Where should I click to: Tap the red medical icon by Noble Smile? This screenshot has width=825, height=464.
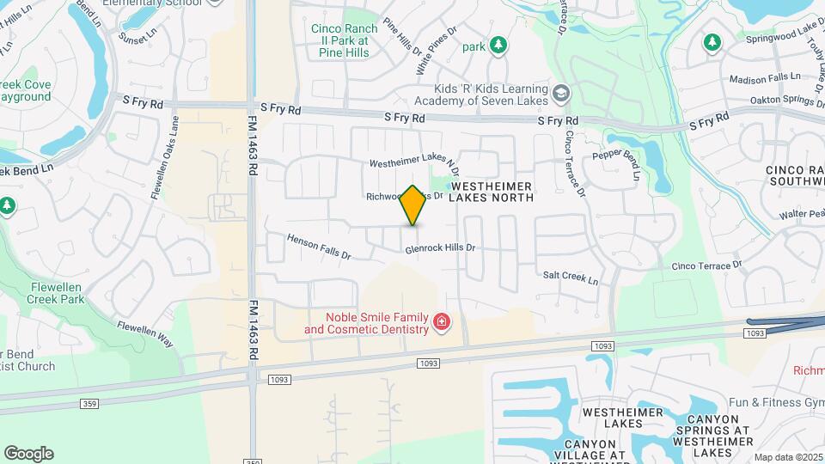coord(442,323)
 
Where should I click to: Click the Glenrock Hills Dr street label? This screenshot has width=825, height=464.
coord(441,248)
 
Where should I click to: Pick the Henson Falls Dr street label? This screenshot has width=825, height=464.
coord(320,247)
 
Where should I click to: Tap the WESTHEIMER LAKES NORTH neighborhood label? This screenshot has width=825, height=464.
coord(492,192)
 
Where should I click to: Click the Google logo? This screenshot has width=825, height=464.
coord(28,454)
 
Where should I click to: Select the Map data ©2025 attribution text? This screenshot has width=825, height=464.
coord(788,457)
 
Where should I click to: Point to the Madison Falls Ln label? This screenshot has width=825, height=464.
coord(764,79)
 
